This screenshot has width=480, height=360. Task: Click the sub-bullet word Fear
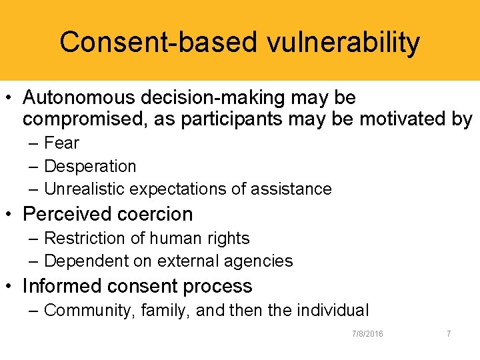(61, 143)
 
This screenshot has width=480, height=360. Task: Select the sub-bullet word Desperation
(90, 166)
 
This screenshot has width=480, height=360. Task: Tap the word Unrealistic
(85, 189)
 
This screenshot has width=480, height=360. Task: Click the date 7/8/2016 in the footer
(367, 333)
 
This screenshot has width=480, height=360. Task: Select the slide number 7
(449, 333)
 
